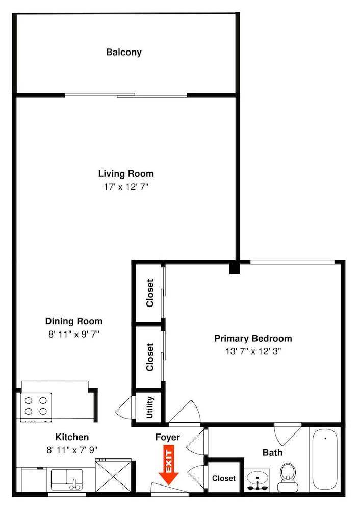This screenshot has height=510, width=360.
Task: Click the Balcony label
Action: tap(123, 52)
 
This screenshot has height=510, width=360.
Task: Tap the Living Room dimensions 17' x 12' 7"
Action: tap(125, 187)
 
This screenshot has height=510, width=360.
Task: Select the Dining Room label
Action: tap(74, 321)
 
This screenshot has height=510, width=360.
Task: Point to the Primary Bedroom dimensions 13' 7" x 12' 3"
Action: tap(253, 351)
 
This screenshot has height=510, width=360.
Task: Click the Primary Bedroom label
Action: tap(253, 338)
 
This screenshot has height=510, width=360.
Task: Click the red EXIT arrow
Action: tap(168, 465)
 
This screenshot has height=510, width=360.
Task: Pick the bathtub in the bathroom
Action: tap(324, 459)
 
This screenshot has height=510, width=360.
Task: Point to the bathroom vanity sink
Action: tap(258, 480)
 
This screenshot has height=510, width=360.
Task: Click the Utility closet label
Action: tap(149, 407)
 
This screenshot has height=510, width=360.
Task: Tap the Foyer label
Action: tap(168, 437)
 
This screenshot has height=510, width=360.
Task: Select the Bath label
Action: tap(272, 452)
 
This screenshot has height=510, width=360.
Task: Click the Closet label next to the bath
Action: tap(223, 478)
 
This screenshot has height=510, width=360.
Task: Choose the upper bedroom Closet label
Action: tap(150, 293)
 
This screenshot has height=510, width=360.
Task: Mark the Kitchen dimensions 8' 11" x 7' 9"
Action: tap(72, 449)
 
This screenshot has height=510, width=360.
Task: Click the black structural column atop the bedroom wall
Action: tap(234, 267)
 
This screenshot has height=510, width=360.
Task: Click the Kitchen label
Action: tap(72, 437)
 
